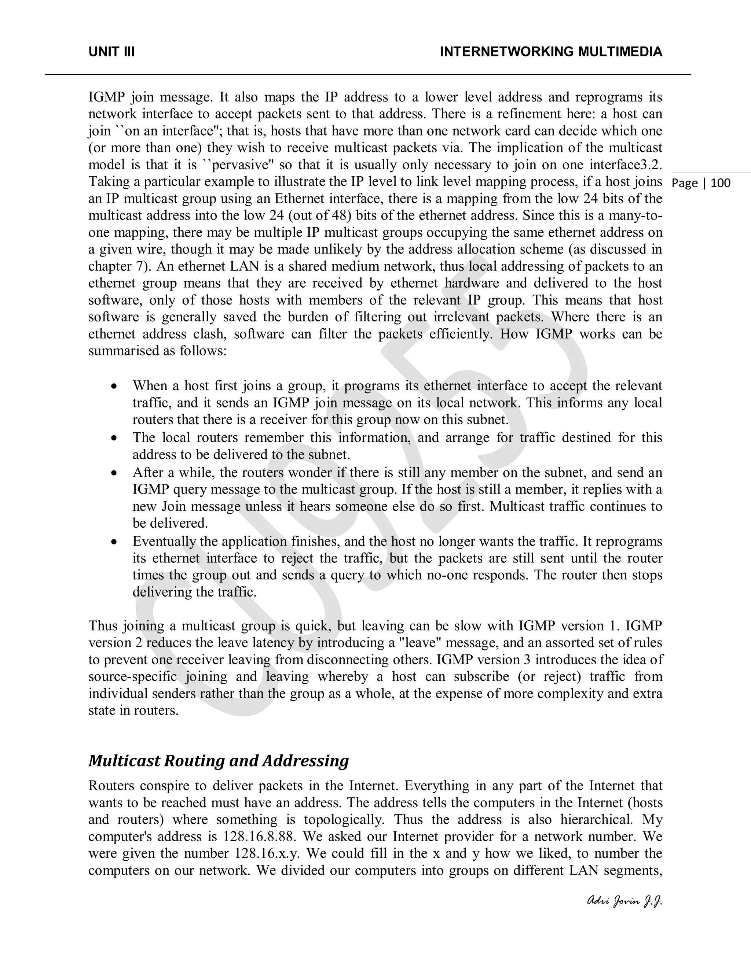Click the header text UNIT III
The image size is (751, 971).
click(x=112, y=52)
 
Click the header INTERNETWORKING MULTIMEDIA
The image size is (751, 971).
click(x=551, y=52)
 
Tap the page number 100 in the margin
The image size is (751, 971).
click(x=720, y=183)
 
